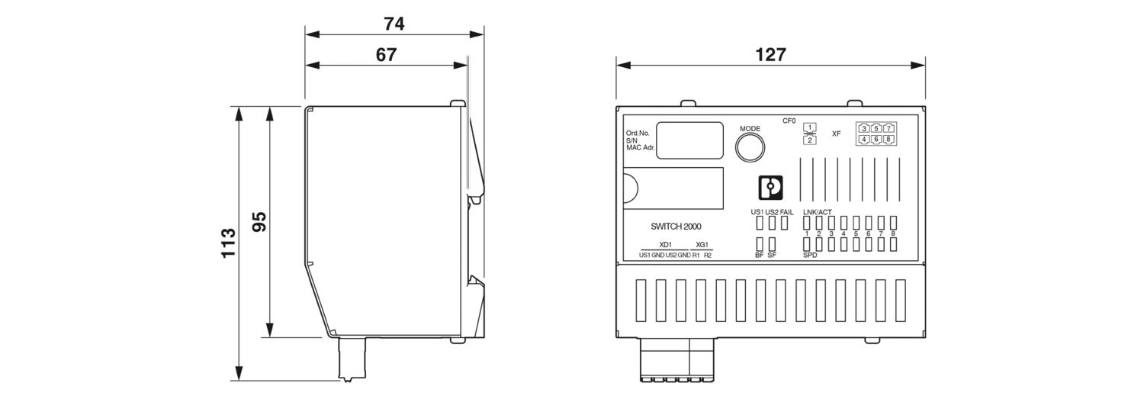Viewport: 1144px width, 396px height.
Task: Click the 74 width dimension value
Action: [x=394, y=24]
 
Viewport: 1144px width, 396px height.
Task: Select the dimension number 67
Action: [x=387, y=54]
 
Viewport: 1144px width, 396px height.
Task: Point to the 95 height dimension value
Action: [x=259, y=222]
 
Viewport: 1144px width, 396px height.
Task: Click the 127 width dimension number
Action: [x=770, y=54]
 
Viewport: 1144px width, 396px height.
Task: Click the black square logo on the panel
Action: [x=771, y=188]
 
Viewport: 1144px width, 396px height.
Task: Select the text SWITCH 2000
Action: [x=676, y=227]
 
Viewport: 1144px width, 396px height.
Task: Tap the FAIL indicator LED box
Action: [x=785, y=223]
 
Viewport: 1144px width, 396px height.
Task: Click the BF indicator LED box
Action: [x=760, y=244]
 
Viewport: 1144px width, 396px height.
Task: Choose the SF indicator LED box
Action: [x=772, y=244]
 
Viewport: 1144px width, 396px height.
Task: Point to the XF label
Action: [x=836, y=134]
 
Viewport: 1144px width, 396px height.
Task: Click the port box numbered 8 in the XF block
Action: [x=889, y=140]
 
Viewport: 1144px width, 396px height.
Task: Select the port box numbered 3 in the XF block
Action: [x=863, y=128]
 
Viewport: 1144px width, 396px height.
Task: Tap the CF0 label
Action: [x=789, y=121]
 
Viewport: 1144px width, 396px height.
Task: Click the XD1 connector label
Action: [x=665, y=244]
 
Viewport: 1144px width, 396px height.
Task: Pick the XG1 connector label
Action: [x=702, y=244]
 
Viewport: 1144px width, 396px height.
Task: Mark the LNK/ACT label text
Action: [x=817, y=211]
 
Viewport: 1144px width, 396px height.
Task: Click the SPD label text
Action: [x=810, y=256]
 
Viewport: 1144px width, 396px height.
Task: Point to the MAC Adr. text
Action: [x=640, y=147]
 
